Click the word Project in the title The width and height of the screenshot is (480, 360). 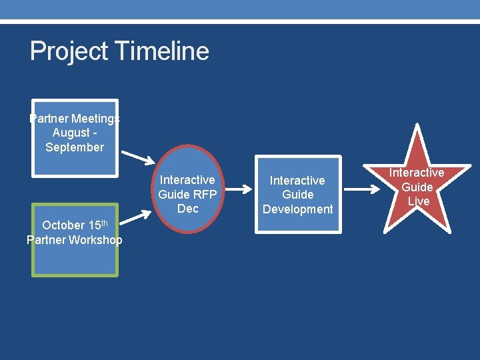pyautogui.click(x=69, y=52)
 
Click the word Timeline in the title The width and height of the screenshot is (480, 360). pyautogui.click(x=162, y=51)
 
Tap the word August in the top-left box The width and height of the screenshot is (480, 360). pyautogui.click(x=71, y=133)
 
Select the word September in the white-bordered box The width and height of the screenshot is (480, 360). pyautogui.click(x=75, y=147)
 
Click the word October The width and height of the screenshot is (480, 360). pyautogui.click(x=63, y=225)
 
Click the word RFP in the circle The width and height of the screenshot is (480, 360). pyautogui.click(x=204, y=195)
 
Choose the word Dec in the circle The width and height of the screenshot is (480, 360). pyautogui.click(x=188, y=209)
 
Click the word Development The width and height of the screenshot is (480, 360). pyautogui.click(x=297, y=209)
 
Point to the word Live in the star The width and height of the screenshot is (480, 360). pyautogui.click(x=418, y=201)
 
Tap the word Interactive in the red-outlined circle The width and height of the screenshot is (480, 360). pyautogui.click(x=188, y=180)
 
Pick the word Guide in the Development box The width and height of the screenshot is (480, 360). pyautogui.click(x=297, y=195)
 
